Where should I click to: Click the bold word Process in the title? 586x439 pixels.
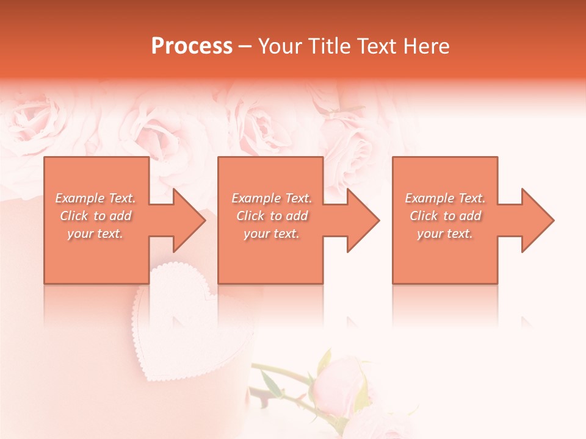point(192,46)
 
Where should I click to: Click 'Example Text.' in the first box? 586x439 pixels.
point(96,198)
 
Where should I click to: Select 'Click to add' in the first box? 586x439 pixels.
point(96,216)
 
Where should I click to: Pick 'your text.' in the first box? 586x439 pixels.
point(96,234)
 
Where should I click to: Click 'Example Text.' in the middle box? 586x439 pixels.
point(272,198)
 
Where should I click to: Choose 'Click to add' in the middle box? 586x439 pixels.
point(272,216)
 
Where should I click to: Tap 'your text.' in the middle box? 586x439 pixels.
point(272,234)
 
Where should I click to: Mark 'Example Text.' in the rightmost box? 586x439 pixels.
point(445,198)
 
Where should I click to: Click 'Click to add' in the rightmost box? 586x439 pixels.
point(445,216)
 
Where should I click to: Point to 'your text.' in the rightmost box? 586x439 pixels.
point(445,234)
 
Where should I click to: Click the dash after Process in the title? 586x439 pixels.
point(245,46)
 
